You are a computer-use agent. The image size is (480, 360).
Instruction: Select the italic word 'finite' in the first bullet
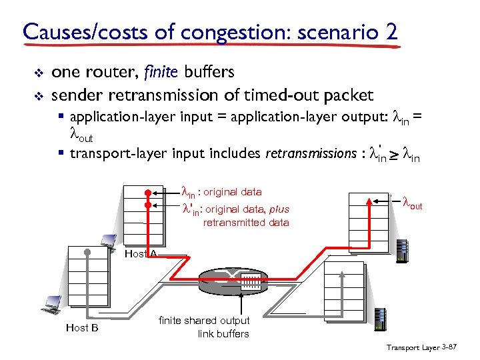point(150,72)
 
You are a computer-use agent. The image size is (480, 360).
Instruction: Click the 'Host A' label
point(141,253)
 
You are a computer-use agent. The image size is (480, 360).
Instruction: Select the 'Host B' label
point(82,327)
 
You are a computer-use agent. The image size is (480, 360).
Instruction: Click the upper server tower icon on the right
point(402,251)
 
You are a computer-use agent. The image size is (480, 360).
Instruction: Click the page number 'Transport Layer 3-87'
point(421,347)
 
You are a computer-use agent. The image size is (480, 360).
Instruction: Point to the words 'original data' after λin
point(233,192)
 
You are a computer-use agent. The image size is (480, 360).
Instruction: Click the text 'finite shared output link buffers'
point(204,327)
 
